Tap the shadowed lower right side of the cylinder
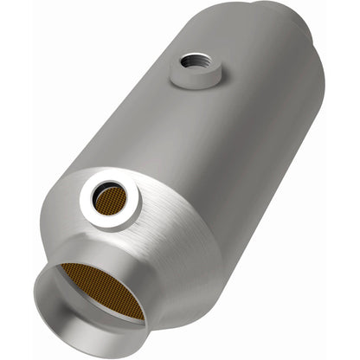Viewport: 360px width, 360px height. [260, 173]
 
